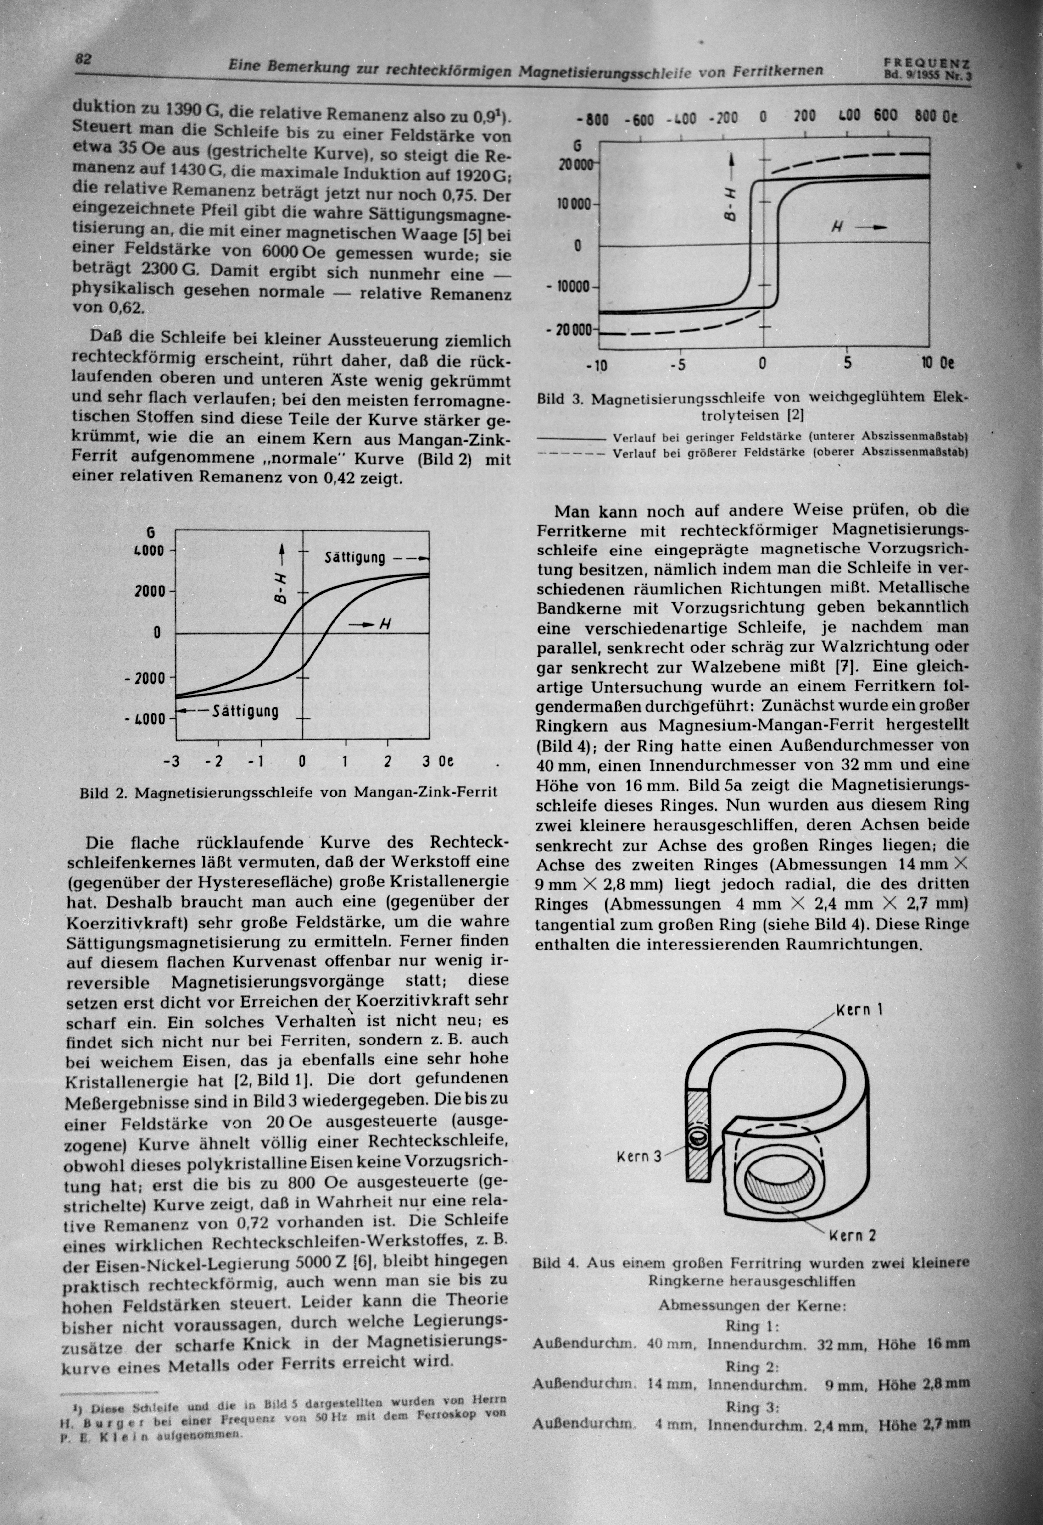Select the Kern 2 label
click(853, 1236)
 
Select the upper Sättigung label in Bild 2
click(355, 558)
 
